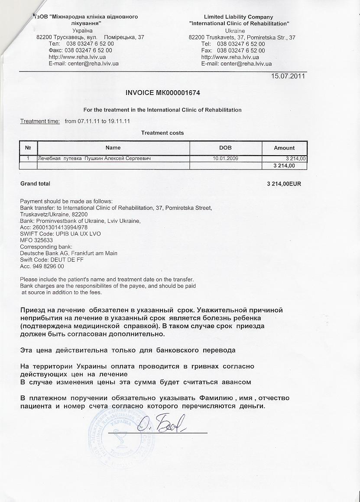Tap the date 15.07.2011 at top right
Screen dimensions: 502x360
(x=288, y=76)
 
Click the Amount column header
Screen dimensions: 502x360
(x=284, y=148)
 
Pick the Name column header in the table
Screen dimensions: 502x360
(x=113, y=148)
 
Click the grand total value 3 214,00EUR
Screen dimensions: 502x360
(x=284, y=184)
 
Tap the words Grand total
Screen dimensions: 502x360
(x=35, y=184)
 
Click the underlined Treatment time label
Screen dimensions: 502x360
(x=40, y=121)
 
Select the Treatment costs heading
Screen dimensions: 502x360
(x=162, y=133)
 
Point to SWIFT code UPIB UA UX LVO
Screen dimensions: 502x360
(x=60, y=234)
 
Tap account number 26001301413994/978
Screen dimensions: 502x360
(x=54, y=227)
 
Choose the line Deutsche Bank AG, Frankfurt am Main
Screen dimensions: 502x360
(x=68, y=253)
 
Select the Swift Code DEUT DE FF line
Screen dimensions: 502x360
(x=52, y=260)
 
